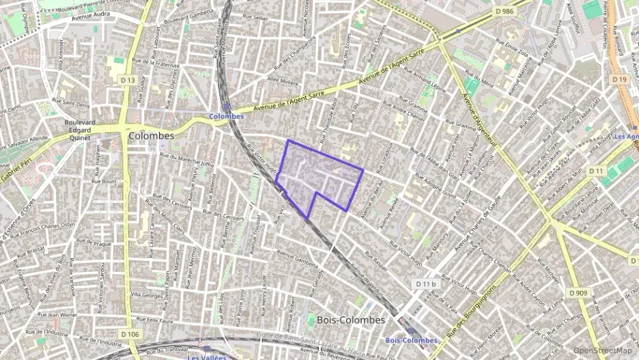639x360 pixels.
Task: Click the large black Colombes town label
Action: (151, 135)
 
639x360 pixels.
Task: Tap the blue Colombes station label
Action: (227, 116)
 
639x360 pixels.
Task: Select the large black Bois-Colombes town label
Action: (351, 319)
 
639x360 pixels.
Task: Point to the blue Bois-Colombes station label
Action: (412, 340)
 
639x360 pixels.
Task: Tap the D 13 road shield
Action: (128, 80)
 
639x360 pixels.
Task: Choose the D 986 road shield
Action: (504, 12)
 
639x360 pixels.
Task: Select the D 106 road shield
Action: (130, 333)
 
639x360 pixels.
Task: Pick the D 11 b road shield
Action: (425, 283)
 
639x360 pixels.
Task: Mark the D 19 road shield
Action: (619, 80)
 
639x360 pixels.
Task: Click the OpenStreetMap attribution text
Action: (602, 351)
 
